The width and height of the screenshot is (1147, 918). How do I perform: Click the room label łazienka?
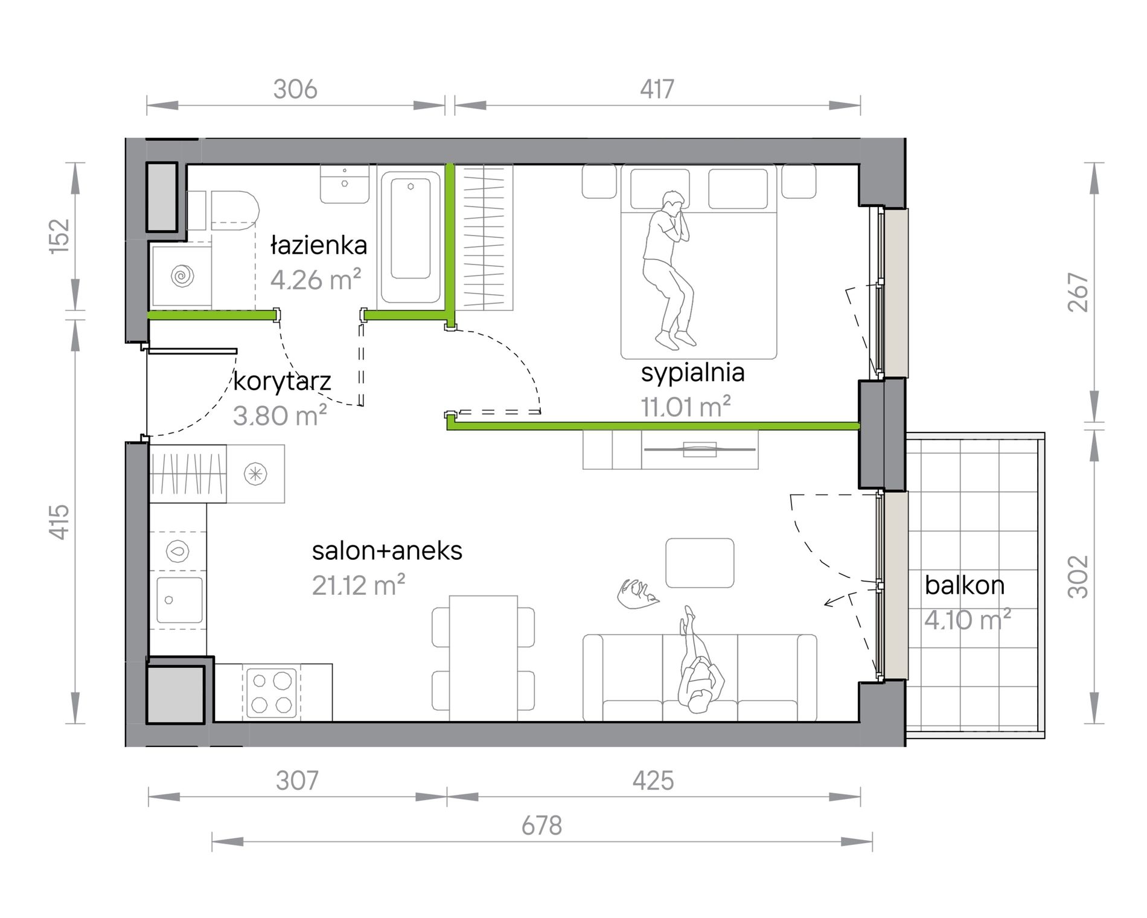point(319,245)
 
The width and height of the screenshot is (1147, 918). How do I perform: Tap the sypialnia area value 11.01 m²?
point(686,406)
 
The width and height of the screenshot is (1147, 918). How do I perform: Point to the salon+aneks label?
point(387,550)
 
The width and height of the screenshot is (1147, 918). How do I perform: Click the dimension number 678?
point(542,826)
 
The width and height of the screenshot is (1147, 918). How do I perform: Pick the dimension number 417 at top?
point(657,89)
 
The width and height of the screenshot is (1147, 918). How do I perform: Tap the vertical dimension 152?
point(60,236)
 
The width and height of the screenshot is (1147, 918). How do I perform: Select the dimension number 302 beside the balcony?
point(1078,577)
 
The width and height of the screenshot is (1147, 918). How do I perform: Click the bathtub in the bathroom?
point(411,237)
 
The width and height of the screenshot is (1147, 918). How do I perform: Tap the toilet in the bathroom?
point(229,211)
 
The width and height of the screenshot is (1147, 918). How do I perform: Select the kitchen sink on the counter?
point(179,600)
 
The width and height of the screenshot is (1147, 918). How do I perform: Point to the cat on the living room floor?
point(637,594)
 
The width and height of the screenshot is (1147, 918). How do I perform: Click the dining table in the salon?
point(483,658)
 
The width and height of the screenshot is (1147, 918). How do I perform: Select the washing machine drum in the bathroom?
point(181,276)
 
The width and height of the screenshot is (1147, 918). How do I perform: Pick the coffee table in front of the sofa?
point(700,563)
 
